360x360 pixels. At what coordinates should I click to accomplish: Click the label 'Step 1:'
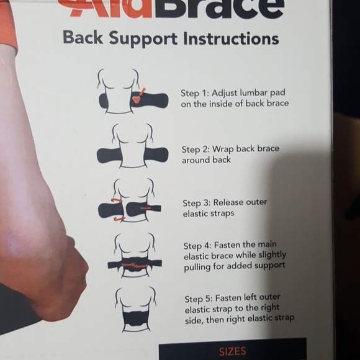[194, 93]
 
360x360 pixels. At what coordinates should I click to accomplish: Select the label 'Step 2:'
[196, 149]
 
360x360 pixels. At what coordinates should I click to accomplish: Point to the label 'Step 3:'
[196, 203]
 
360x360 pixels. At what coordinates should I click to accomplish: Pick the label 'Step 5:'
[199, 297]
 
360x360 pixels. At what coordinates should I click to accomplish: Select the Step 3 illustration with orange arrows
[131, 202]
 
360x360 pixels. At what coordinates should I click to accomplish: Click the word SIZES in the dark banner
[232, 351]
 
